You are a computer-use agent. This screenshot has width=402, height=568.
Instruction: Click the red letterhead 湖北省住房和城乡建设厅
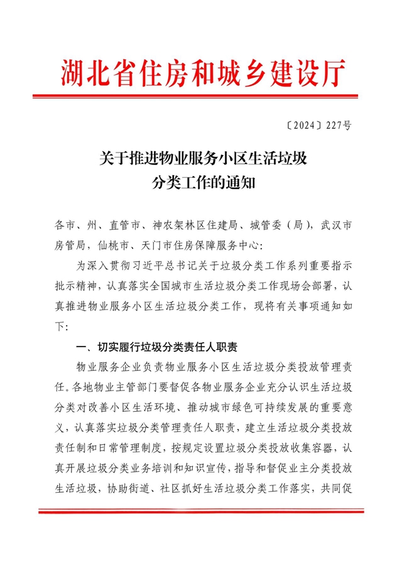(x=203, y=73)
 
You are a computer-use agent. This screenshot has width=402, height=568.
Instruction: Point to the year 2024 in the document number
(x=302, y=125)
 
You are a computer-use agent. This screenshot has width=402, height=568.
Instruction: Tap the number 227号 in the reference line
(x=337, y=125)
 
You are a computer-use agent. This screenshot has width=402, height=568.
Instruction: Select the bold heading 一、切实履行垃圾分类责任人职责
(x=160, y=346)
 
